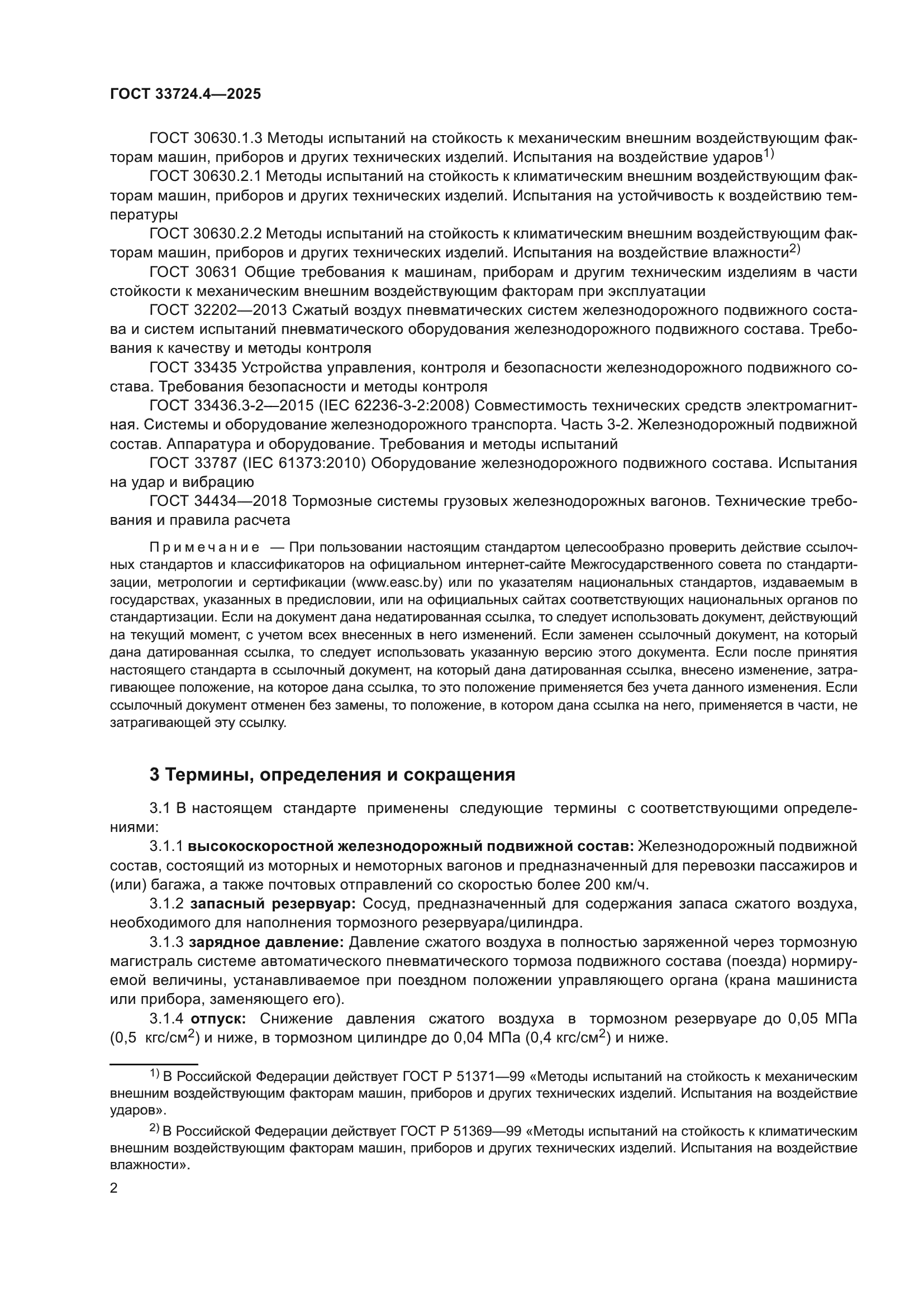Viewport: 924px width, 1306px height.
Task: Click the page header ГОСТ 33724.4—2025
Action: tap(185, 94)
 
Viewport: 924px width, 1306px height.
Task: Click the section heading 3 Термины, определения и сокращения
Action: tap(332, 775)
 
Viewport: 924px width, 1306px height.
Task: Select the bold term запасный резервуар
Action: tap(273, 904)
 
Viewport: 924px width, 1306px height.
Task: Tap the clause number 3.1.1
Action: tap(166, 847)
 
